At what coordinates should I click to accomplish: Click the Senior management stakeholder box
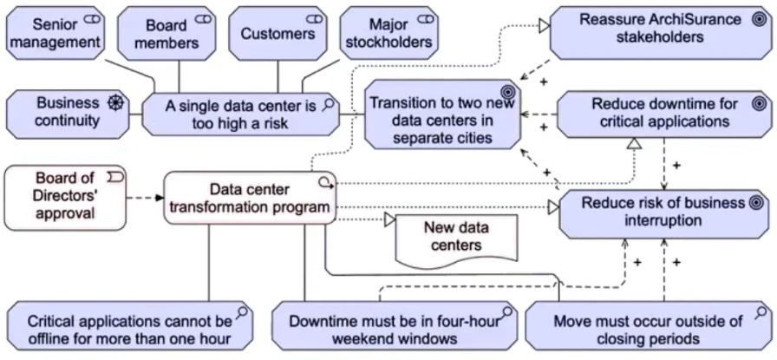(x=55, y=30)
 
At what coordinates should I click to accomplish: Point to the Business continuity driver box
(x=67, y=112)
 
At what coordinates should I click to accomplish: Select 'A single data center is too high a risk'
(x=241, y=115)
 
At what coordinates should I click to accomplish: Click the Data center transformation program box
(x=249, y=198)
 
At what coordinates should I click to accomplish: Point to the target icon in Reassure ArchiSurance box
(x=754, y=18)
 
